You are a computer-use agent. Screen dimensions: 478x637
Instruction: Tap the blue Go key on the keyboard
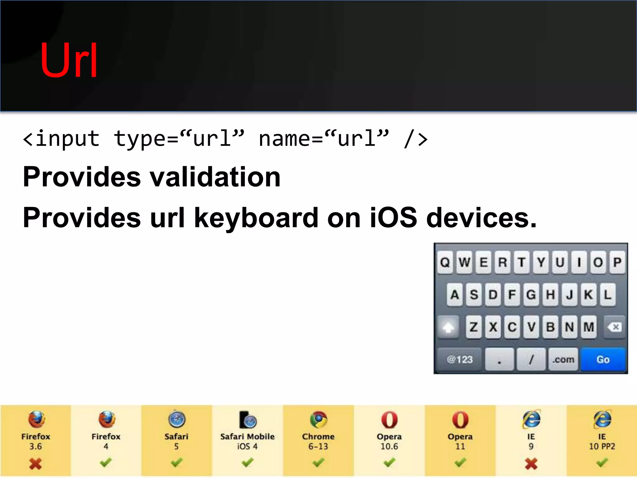603,359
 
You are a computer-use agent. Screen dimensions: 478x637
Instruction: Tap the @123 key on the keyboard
459,359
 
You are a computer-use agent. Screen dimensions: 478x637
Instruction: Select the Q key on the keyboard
445,262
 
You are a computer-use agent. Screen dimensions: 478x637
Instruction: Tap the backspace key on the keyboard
614,327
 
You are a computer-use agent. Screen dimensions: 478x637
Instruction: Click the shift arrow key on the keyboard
448,327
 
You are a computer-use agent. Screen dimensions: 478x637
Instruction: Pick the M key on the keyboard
588,327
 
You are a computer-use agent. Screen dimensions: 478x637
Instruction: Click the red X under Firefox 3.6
35,464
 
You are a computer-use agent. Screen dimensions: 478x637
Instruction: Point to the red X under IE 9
531,464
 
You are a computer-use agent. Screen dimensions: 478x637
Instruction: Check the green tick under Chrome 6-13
318,462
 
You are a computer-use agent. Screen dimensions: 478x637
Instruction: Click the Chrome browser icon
318,419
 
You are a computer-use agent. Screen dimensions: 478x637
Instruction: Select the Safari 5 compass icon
177,419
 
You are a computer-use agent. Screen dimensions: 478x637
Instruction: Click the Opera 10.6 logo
389,419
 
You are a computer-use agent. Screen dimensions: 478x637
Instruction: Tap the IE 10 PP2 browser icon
602,419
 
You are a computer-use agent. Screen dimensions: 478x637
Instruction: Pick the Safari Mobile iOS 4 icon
248,420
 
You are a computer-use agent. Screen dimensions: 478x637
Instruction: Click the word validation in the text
215,177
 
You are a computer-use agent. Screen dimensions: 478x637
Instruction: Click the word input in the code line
67,139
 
